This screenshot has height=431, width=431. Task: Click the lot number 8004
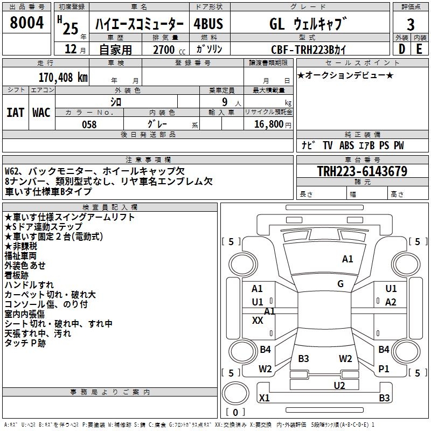[x=26, y=22]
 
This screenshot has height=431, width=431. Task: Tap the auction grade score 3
[x=411, y=24]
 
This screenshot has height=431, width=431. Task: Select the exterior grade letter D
[x=401, y=49]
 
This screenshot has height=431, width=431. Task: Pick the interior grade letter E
[x=419, y=49]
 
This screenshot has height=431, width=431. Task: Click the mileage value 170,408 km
[x=63, y=78]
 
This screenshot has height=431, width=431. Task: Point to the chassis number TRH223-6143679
[x=362, y=171]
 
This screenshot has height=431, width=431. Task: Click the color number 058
[x=89, y=124]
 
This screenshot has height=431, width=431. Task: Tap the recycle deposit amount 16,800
[x=268, y=124]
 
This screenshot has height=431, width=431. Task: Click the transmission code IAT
[x=15, y=113]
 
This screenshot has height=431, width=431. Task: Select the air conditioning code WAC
[x=41, y=113]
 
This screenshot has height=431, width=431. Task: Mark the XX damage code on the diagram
[x=258, y=320]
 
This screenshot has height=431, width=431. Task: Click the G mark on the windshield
[x=340, y=284]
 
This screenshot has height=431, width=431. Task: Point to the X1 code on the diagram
[x=264, y=398]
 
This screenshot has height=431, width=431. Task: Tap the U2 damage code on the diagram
[x=339, y=385]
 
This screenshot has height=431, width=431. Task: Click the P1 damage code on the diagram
[x=384, y=369]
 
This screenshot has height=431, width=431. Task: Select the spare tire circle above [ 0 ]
[x=235, y=393]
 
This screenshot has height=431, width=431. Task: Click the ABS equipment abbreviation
[x=346, y=145]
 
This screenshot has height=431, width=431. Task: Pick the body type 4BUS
[x=208, y=24]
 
